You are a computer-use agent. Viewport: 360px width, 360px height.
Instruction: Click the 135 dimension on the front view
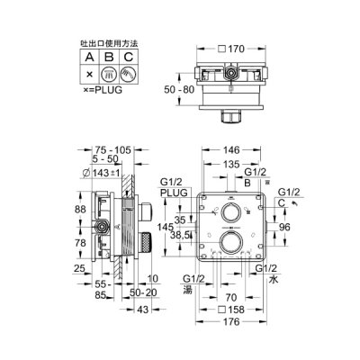(x=232, y=166)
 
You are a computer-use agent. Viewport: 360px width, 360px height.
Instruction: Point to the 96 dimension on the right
(x=284, y=229)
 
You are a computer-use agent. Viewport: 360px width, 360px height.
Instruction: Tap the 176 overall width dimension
(x=232, y=325)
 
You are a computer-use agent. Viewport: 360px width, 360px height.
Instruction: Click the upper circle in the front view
(x=231, y=213)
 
